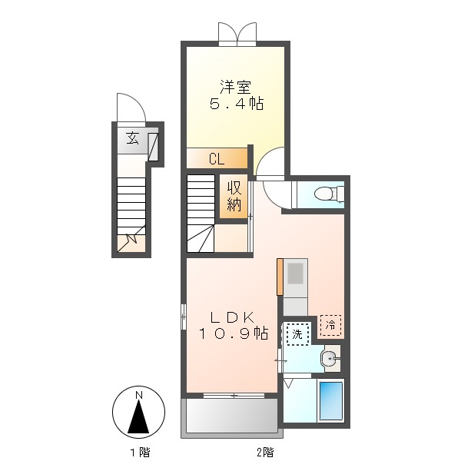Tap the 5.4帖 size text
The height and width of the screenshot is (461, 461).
(237, 104)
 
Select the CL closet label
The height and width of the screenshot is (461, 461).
(216, 159)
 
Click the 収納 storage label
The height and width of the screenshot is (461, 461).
(234, 197)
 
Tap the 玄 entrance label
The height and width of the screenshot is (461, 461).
(132, 139)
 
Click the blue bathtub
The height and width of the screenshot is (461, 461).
(330, 400)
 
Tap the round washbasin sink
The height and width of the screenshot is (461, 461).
(330, 357)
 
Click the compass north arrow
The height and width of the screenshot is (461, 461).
(138, 415)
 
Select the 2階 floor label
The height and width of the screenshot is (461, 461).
(264, 451)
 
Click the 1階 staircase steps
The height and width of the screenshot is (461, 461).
(131, 203)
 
